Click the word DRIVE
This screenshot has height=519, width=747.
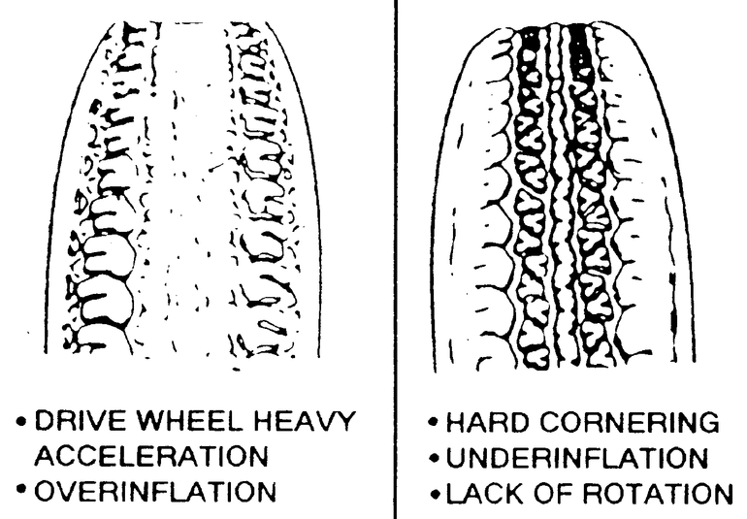pyautogui.click(x=81, y=422)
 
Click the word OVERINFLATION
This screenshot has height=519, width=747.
pyautogui.click(x=155, y=491)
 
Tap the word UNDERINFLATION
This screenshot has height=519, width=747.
pyautogui.click(x=580, y=457)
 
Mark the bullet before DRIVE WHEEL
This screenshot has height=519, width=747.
pyautogui.click(x=21, y=423)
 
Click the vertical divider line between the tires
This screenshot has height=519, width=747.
pyautogui.click(x=395, y=243)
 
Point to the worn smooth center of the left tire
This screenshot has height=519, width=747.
pyautogui.click(x=189, y=194)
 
